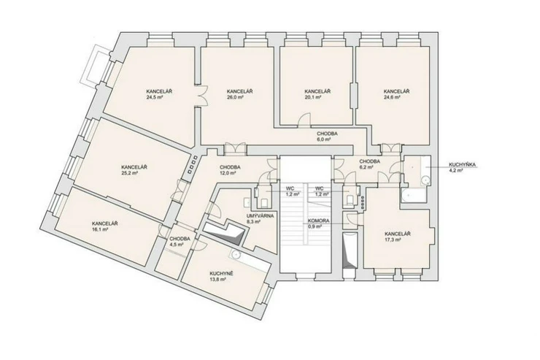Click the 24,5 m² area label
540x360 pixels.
click(x=159, y=98)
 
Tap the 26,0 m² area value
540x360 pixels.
click(x=239, y=98)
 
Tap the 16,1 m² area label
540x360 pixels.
click(x=104, y=229)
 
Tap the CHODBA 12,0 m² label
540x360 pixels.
click(x=230, y=170)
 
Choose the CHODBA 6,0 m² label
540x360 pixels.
click(x=327, y=137)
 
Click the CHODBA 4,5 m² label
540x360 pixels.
click(x=180, y=242)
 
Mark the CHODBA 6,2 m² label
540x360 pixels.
click(x=370, y=164)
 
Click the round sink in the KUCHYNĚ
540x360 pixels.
click(x=236, y=255)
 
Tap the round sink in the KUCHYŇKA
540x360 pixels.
click(x=426, y=180)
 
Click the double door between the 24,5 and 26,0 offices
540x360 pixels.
click(x=201, y=96)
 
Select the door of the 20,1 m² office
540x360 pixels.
click(x=304, y=119)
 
